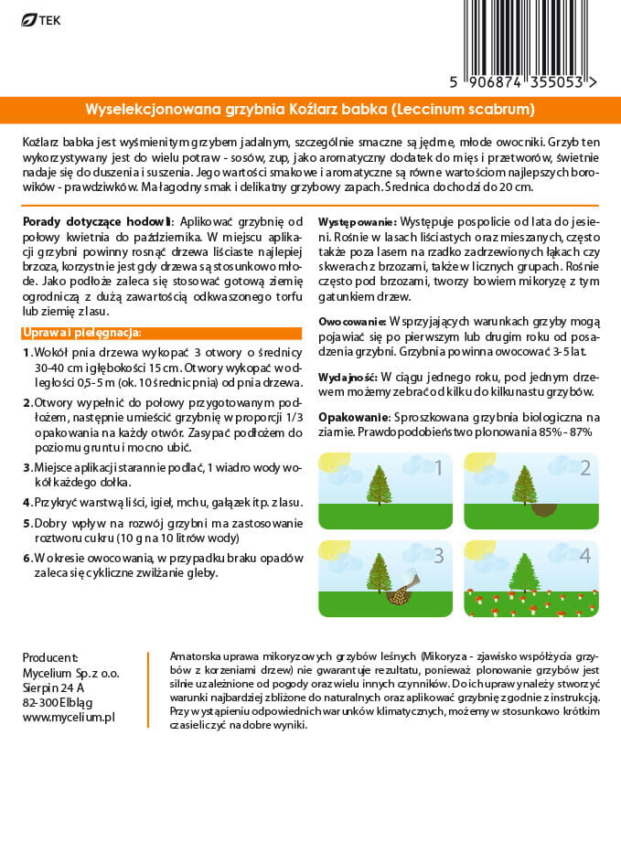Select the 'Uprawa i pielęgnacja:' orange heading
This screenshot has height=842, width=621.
point(82,332)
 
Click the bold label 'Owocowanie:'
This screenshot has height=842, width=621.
point(352,322)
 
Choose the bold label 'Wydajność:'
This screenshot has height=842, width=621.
point(348,377)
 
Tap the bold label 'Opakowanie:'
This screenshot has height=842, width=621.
point(350,416)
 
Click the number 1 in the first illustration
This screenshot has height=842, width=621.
point(438,469)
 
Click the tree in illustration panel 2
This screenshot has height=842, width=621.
point(524,485)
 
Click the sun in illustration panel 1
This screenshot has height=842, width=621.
point(333,463)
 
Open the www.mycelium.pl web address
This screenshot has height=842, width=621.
point(69,718)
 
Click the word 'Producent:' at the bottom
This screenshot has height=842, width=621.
point(50,657)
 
